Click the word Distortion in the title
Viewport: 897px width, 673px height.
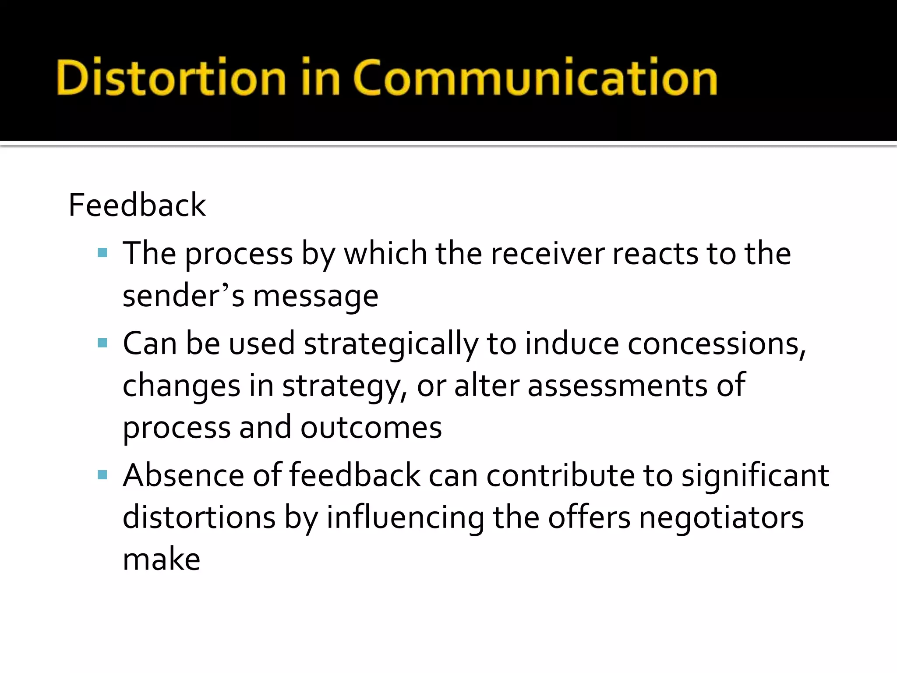coord(171,78)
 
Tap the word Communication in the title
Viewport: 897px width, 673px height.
coord(535,78)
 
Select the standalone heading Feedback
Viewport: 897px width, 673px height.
coord(137,205)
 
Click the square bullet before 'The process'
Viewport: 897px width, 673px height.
coord(102,253)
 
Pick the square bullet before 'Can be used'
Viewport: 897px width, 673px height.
coord(102,343)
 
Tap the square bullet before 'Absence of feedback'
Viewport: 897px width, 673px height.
coord(102,475)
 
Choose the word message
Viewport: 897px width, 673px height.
coord(316,297)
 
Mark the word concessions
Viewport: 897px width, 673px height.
coord(717,344)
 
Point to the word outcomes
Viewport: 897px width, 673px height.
coord(371,428)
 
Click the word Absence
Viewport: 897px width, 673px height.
coord(184,475)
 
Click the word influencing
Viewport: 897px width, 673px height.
coord(405,518)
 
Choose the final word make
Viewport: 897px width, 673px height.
coord(161,560)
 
